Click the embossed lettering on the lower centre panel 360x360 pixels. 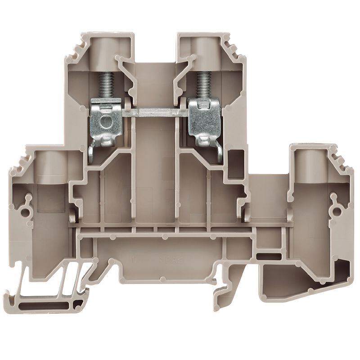153,260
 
